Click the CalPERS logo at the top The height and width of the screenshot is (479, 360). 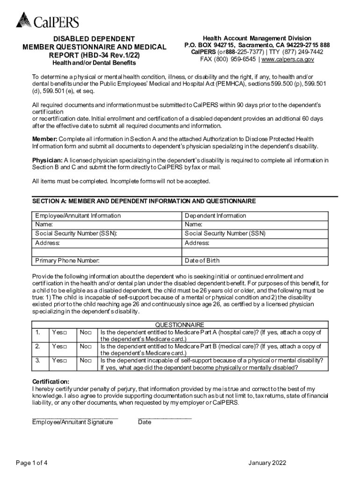coord(47,20)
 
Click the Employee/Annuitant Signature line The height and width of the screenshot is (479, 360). coord(75,417)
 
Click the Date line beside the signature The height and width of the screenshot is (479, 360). coord(165,417)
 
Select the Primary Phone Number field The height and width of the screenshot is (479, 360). coord(107,261)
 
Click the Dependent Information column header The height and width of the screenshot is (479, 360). coord(215,216)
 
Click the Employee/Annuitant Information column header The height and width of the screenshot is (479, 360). coord(78,216)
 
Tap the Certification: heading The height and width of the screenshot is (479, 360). coord(50,382)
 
